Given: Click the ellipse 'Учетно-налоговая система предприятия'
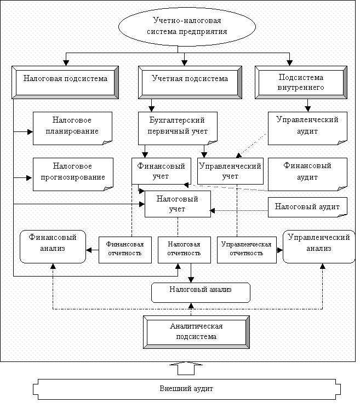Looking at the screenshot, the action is coord(187,26).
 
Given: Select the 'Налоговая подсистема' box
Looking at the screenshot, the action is coord(65,82).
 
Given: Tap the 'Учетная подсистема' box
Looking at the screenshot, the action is coord(190,82).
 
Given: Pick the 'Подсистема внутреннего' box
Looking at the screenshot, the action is coord(301,82).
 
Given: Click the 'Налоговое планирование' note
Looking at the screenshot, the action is coord(73,128).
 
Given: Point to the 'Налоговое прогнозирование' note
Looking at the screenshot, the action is coord(73,174).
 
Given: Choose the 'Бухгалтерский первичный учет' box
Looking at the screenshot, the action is coord(178,128).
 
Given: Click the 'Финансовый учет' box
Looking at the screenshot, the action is coord(161,171).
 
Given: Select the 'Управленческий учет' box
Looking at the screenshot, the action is coord(230,171).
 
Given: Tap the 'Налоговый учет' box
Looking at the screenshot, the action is coord(178,204).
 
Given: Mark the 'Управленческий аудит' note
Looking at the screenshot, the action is coord(307,128).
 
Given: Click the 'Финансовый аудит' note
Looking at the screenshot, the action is coord(307,174).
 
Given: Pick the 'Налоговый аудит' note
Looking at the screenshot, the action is coord(307,207).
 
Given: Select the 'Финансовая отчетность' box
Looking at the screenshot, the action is coord(125,250).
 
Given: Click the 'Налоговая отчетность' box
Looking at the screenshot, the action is coord(184,250).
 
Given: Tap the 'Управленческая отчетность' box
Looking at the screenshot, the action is coord(247,250).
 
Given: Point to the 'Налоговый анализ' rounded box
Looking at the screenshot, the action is coord(201,292).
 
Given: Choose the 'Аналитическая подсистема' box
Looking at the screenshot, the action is coord(196,332).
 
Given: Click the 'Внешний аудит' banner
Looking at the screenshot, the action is coord(187,389).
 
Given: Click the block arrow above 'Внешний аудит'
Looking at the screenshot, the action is coord(186,369).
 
